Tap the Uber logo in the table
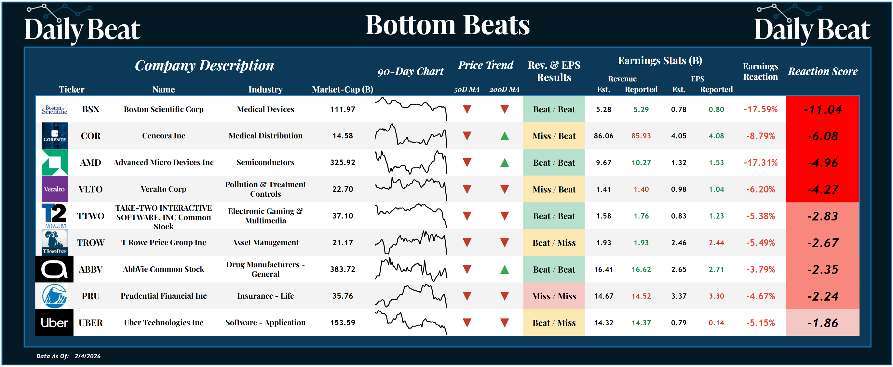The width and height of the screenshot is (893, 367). [54, 323]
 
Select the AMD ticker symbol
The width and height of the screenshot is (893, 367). [90, 162]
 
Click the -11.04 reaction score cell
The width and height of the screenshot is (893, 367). [822, 110]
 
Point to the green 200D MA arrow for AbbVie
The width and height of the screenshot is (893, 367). [504, 269]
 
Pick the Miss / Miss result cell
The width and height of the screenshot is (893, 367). [554, 296]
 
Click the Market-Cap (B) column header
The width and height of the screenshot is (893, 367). [342, 90]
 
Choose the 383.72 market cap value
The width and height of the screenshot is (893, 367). [342, 269]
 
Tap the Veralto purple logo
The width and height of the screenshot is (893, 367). [54, 189]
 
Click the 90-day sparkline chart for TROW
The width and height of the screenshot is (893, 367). [411, 243]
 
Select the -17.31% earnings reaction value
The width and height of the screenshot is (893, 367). [760, 162]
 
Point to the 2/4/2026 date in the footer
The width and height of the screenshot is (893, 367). [88, 356]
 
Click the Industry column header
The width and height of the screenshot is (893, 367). [265, 90]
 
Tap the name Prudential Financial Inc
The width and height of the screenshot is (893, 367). [163, 296]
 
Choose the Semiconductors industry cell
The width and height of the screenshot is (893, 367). [265, 162]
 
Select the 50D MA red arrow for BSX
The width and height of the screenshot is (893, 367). [467, 109]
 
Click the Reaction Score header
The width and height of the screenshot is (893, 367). [822, 71]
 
